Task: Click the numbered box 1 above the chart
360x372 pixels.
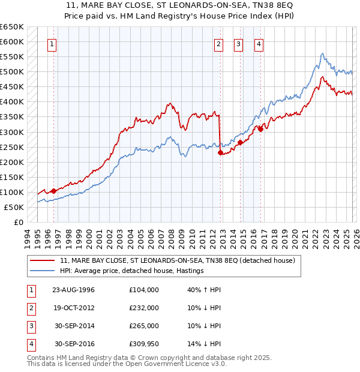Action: [52, 44]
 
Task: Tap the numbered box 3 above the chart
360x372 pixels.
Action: [238, 44]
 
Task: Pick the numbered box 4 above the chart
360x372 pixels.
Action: [259, 44]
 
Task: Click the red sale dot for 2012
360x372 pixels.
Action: [220, 152]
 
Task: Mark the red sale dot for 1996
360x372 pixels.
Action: [53, 191]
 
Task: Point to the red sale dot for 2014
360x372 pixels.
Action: [240, 142]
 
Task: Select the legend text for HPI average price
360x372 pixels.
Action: [132, 271]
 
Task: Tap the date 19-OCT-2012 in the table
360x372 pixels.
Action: [73, 308]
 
